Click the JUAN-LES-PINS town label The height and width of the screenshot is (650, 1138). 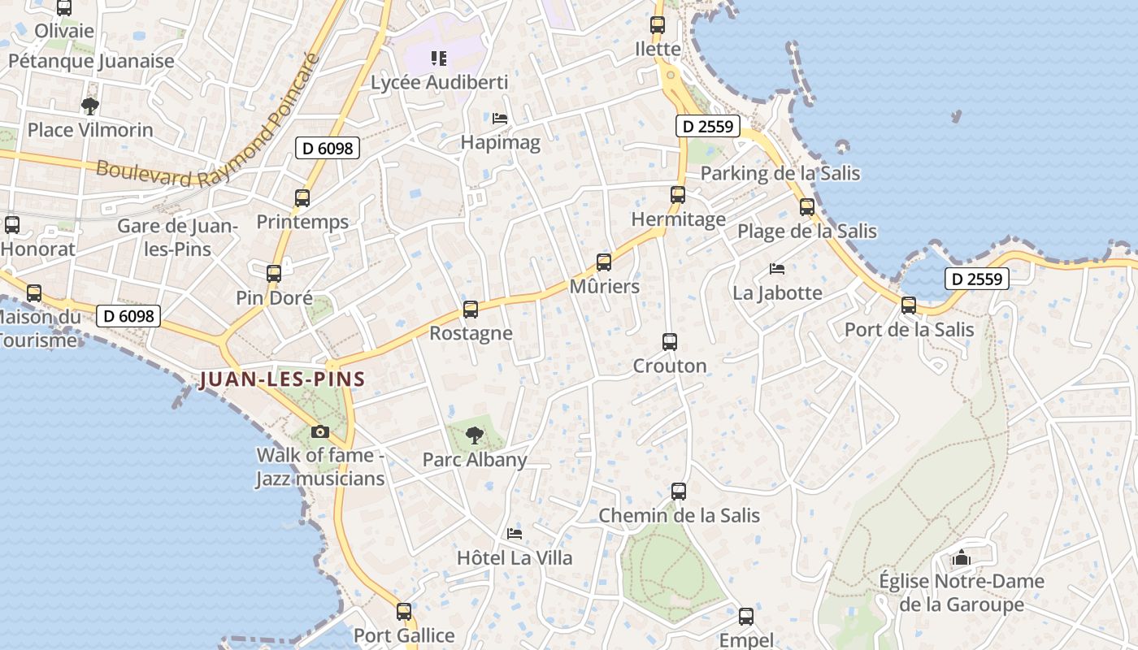click(281, 379)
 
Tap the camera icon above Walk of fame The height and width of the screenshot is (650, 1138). click(320, 431)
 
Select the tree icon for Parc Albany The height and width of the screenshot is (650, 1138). click(474, 435)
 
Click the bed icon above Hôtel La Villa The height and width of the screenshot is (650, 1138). click(515, 534)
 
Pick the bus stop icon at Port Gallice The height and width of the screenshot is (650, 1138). click(404, 611)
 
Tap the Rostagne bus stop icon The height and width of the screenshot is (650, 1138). click(471, 310)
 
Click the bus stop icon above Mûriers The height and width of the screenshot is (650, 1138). click(604, 262)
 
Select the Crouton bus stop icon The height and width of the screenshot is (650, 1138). click(670, 342)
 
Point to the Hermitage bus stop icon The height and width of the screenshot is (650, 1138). click(678, 195)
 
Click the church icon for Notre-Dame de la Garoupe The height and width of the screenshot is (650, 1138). click(962, 558)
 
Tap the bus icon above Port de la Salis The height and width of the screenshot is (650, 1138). click(909, 305)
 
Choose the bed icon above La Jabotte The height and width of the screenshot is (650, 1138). click(777, 269)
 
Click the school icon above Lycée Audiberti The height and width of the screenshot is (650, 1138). click(439, 58)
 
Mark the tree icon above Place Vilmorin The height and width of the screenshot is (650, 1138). click(90, 106)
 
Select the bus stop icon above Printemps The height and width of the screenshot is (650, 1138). click(302, 197)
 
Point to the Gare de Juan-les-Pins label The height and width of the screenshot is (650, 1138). click(178, 237)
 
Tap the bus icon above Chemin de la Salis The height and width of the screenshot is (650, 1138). click(679, 492)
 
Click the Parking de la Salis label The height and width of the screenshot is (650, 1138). click(780, 173)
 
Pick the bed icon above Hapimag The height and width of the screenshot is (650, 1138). click(500, 119)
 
